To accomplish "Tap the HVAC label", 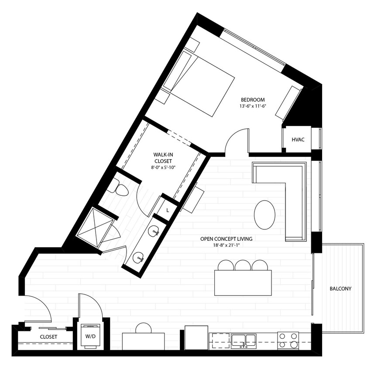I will point(298,140).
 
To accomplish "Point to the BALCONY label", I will point(340,288).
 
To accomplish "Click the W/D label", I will point(91,337).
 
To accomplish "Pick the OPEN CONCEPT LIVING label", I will point(227,239).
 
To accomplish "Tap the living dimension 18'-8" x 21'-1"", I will point(227,245).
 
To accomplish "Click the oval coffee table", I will point(265,215).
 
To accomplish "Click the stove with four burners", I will point(288,340).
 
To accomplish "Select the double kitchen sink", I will point(243,340).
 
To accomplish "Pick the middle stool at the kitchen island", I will point(242,265).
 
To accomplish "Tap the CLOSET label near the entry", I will point(48,337).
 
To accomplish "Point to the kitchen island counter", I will point(243,283).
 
